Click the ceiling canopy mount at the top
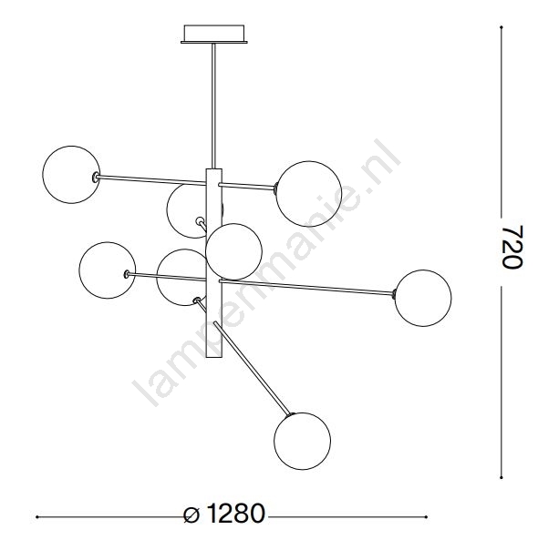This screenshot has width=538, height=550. (214, 34)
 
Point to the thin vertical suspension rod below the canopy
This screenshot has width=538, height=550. (213, 106)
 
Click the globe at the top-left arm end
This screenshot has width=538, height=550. (71, 175)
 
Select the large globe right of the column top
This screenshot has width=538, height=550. (309, 194)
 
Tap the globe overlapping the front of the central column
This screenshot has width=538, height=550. (233, 251)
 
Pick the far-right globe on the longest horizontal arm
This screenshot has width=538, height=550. (423, 298)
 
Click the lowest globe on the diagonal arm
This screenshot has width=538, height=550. (303, 441)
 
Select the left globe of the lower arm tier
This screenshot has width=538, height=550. (108, 270)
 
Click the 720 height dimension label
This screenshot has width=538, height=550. (512, 247)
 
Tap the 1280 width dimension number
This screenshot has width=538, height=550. (235, 514)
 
